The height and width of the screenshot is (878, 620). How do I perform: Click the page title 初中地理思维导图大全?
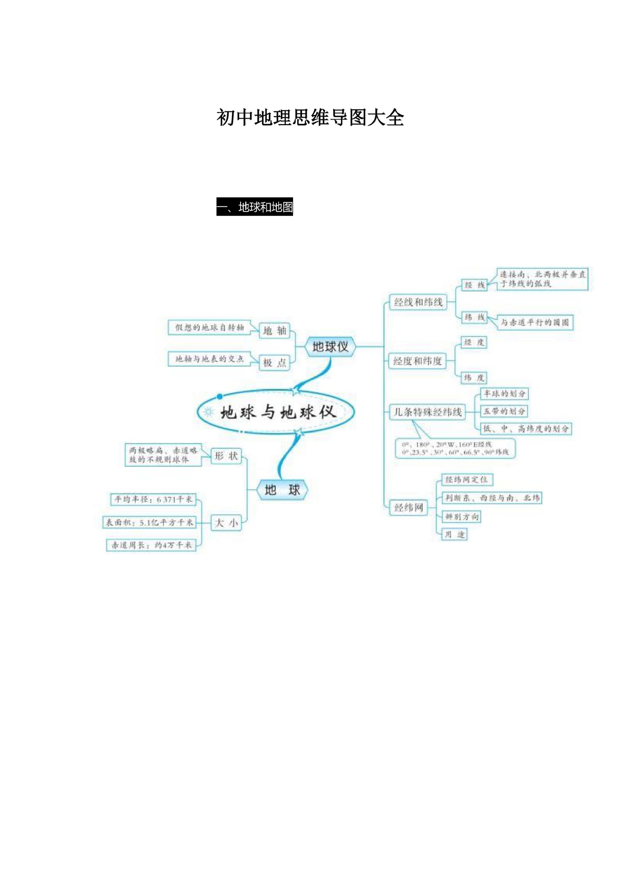(310, 117)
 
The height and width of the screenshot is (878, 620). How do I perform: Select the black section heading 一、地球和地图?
(255, 207)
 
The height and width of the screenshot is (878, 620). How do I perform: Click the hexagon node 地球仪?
(330, 347)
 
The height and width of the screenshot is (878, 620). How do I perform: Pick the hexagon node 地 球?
(282, 490)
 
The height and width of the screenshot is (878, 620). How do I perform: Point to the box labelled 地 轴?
(275, 330)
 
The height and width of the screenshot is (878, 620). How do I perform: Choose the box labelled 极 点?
(275, 363)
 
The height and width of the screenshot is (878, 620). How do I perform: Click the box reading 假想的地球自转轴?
(209, 327)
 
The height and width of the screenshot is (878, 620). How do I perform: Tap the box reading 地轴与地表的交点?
(209, 359)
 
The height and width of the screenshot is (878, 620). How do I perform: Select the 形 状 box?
(226, 456)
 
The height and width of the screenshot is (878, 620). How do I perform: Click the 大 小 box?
(226, 523)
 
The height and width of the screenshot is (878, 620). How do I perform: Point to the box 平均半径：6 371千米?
(153, 499)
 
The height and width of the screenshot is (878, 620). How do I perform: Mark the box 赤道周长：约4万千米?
(151, 545)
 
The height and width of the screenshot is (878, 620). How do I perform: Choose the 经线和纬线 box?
(418, 302)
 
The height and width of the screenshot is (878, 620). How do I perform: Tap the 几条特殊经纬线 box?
(427, 412)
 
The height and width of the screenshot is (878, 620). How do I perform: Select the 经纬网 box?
(409, 508)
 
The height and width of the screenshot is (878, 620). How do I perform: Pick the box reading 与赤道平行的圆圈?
(535, 322)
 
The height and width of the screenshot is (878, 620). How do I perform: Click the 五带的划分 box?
(504, 412)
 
